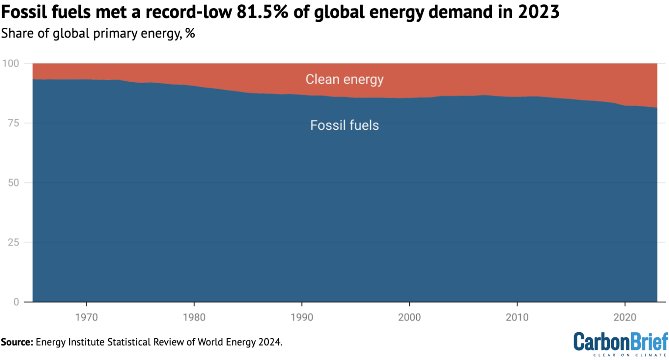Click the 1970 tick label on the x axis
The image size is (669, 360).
coord(86,317)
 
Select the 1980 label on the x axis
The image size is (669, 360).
coord(194,317)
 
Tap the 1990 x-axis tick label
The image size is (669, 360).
coord(302,317)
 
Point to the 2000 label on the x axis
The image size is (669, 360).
coord(409,317)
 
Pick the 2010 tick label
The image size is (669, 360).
coord(517,317)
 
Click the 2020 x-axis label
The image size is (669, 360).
coord(625,317)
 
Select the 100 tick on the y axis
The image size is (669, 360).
coord(10,64)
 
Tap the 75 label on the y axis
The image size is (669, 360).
coord(14,123)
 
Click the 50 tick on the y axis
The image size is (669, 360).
coord(14,183)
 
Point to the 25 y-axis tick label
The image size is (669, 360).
coord(14,242)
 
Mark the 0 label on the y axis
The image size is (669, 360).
coord(17,302)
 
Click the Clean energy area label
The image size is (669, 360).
coord(344,79)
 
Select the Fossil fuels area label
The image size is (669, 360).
coord(344,125)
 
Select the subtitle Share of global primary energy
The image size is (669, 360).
coord(98,34)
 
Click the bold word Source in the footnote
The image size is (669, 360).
coord(17,342)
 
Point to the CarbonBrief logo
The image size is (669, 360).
coord(620,343)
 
